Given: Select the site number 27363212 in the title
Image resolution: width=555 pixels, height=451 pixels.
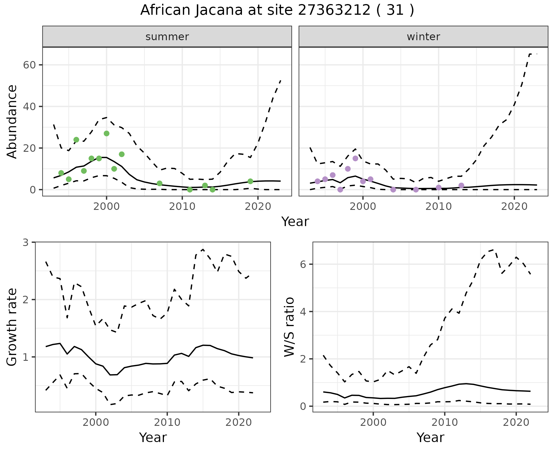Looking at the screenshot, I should coord(334,10).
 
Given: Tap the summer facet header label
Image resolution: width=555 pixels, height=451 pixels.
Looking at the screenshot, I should coord(167,37).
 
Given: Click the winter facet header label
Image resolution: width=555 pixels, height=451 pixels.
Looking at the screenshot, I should coord(423,37).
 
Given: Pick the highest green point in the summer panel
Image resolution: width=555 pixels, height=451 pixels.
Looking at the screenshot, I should coord(106,134).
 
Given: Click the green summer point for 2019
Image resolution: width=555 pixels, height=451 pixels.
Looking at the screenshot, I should coord(250,181).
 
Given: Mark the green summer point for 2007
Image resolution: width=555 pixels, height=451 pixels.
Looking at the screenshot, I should coord(160,183).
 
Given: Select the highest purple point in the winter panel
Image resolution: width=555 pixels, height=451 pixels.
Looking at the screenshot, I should coord(355,158).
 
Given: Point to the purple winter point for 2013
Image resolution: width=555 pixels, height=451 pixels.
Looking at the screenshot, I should coord(461,186).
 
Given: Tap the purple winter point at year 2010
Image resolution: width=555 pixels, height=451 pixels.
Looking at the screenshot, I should coord(439,188).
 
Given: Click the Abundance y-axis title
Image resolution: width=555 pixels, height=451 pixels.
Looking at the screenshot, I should coord(12,121).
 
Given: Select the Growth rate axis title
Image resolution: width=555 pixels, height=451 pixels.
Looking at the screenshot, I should coord(12,327).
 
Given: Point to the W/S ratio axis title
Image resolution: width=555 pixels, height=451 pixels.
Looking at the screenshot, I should coord(289,327).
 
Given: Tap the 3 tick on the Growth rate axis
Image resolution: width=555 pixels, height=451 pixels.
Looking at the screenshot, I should coord(26,242).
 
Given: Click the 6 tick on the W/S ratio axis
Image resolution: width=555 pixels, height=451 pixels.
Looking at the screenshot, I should coord(304,264).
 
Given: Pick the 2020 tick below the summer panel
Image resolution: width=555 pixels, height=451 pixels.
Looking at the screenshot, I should coord(258,206).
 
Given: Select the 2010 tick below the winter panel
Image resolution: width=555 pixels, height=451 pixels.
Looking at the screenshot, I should coord(439,206).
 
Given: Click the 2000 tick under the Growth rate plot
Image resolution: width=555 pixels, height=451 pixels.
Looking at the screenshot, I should coord(96,422).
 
